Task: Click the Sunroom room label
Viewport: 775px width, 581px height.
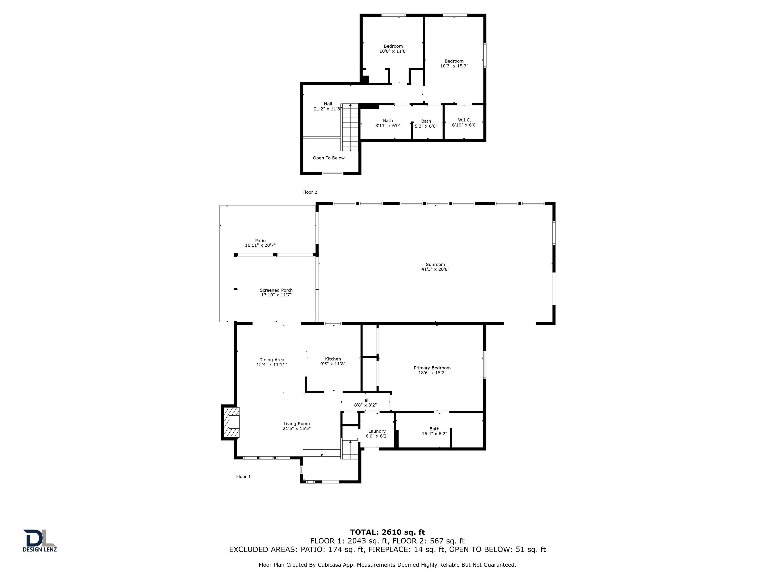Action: (x=435, y=265)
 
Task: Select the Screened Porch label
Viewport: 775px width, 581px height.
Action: (x=276, y=290)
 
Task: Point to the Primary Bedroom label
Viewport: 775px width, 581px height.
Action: (x=432, y=368)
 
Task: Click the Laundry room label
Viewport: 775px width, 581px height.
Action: (x=377, y=431)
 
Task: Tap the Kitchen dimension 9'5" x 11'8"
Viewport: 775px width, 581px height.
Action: (x=333, y=364)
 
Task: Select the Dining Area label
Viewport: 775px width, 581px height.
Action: (x=271, y=360)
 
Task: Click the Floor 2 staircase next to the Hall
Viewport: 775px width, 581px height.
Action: (x=350, y=128)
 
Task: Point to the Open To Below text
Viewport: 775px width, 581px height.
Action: (x=329, y=158)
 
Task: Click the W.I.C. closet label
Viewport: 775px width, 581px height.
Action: (x=464, y=120)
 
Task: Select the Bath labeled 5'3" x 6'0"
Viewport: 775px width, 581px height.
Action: (x=426, y=124)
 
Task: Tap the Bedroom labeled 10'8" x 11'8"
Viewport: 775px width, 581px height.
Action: (x=393, y=49)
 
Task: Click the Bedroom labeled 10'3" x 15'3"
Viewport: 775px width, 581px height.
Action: (x=454, y=63)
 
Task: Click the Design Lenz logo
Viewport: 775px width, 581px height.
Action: (x=40, y=540)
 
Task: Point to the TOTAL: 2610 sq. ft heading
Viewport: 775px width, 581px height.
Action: (x=387, y=532)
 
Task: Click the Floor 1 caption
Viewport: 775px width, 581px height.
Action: (x=243, y=476)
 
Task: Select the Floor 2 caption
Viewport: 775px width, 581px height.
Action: (x=310, y=192)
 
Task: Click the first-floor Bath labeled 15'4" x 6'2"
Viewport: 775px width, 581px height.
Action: (x=434, y=431)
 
